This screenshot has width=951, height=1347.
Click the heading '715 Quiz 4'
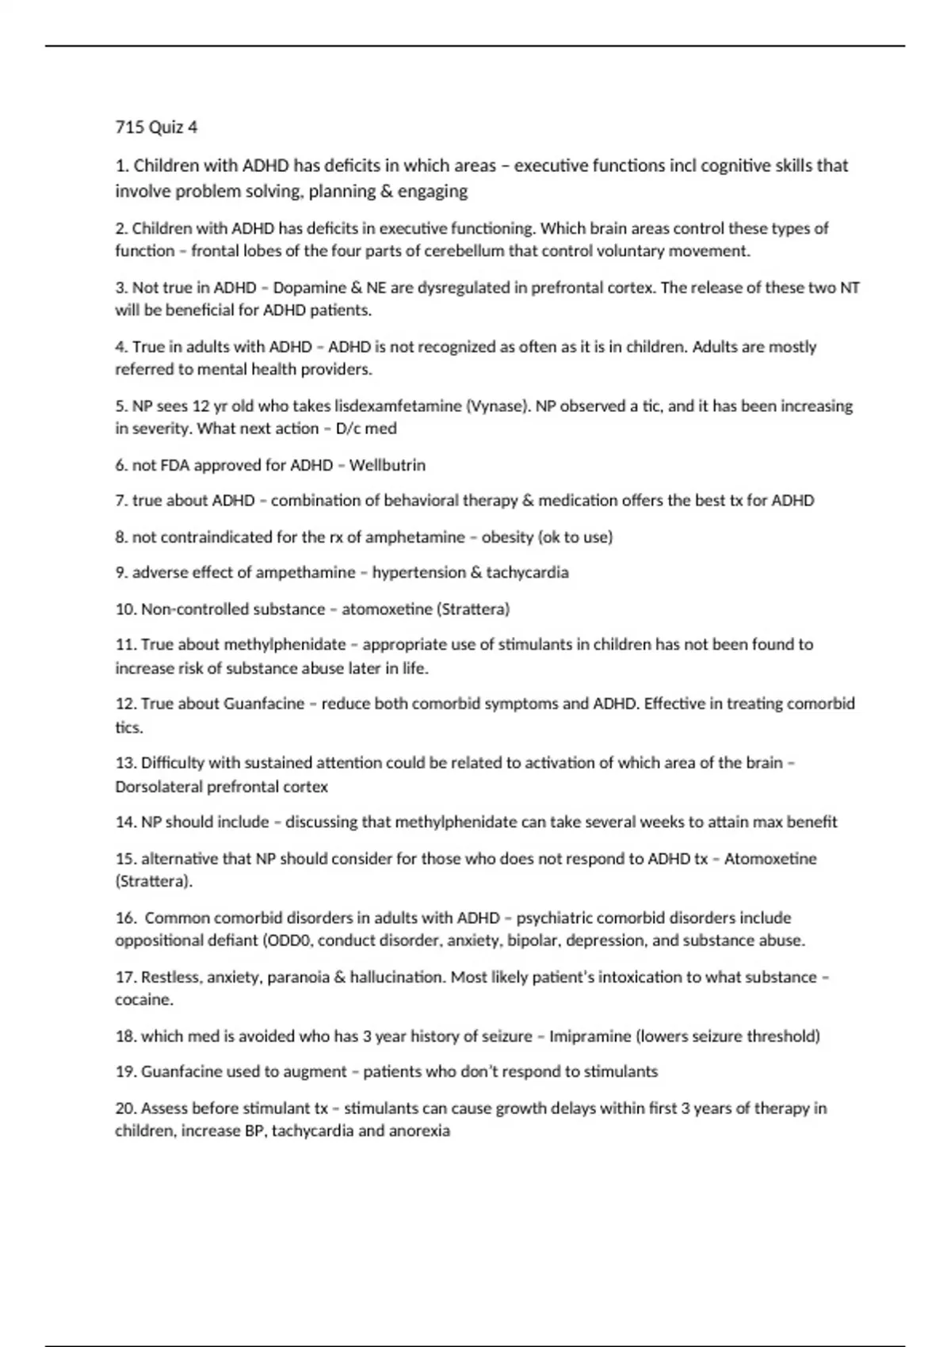click(156, 128)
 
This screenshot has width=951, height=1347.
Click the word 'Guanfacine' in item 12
click(264, 704)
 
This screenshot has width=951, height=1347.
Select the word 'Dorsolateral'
click(158, 787)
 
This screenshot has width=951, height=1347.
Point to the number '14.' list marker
click(126, 822)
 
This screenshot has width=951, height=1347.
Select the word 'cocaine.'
click(143, 1000)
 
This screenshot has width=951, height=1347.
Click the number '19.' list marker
click(126, 1072)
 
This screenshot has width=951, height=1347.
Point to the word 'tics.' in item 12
click(129, 727)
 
